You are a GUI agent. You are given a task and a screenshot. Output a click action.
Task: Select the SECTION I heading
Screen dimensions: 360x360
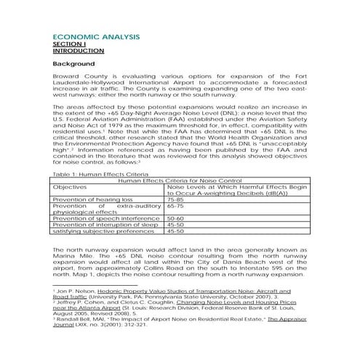(x=68, y=44)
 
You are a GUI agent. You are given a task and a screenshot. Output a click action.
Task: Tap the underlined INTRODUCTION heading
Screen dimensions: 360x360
(x=76, y=51)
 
